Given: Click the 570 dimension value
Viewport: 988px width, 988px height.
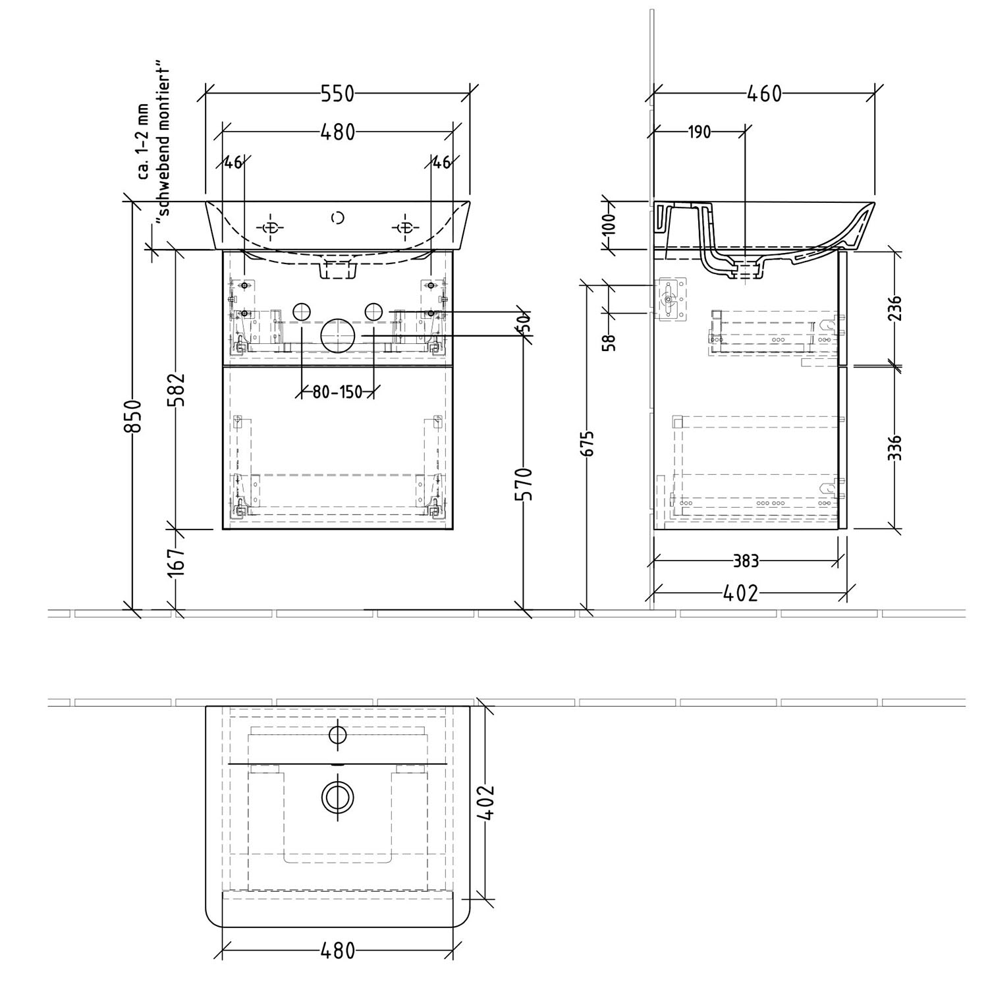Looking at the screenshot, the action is point(523,484).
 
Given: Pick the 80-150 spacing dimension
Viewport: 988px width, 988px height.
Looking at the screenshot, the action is point(337,392).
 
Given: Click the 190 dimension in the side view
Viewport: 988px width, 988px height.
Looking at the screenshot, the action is point(699,132).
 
